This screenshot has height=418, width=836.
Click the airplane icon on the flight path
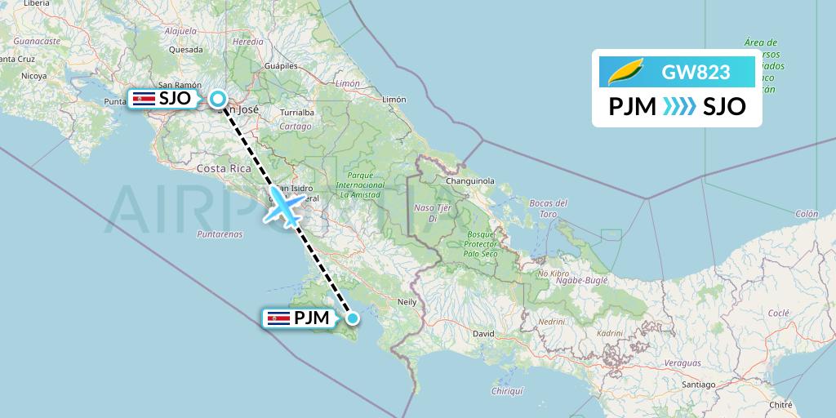coord(285,204)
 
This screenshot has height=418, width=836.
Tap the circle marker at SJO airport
coord(218,100)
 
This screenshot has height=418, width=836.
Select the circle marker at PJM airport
coord(353,318)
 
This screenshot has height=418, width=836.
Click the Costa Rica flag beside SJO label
coord(143,99)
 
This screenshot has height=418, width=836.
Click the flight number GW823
coord(696,73)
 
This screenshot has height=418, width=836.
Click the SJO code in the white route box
coord(725,106)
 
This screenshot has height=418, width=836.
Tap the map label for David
coord(484,334)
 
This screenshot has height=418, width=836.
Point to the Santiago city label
coord(700,384)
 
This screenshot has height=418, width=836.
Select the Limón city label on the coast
coord(393,99)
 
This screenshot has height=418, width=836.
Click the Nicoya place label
coord(34,76)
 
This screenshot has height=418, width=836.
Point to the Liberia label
coord(37,4)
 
